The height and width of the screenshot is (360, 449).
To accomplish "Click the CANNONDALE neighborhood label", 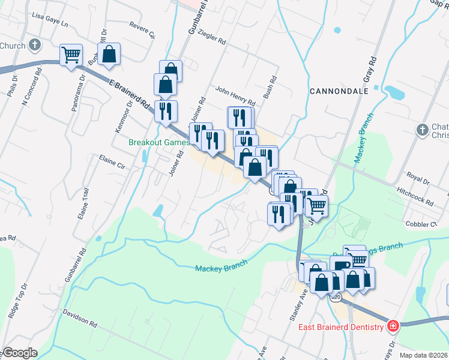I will tap(338, 91).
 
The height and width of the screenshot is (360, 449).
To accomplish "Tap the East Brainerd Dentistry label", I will tap(341, 327).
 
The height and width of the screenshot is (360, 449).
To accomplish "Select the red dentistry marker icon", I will tap(393, 326).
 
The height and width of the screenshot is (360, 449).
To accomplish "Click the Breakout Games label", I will tap(160, 142).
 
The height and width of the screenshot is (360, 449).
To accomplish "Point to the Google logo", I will tap(19, 353).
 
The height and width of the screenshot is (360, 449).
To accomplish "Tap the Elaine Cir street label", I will tap(112, 163).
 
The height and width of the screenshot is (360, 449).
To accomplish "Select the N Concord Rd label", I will tap(31, 86).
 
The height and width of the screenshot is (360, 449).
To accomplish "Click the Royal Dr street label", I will tap(418, 179).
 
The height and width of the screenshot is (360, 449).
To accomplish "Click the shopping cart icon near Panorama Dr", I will tap(71, 55).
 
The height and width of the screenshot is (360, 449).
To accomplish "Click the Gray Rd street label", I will tap(369, 70).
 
